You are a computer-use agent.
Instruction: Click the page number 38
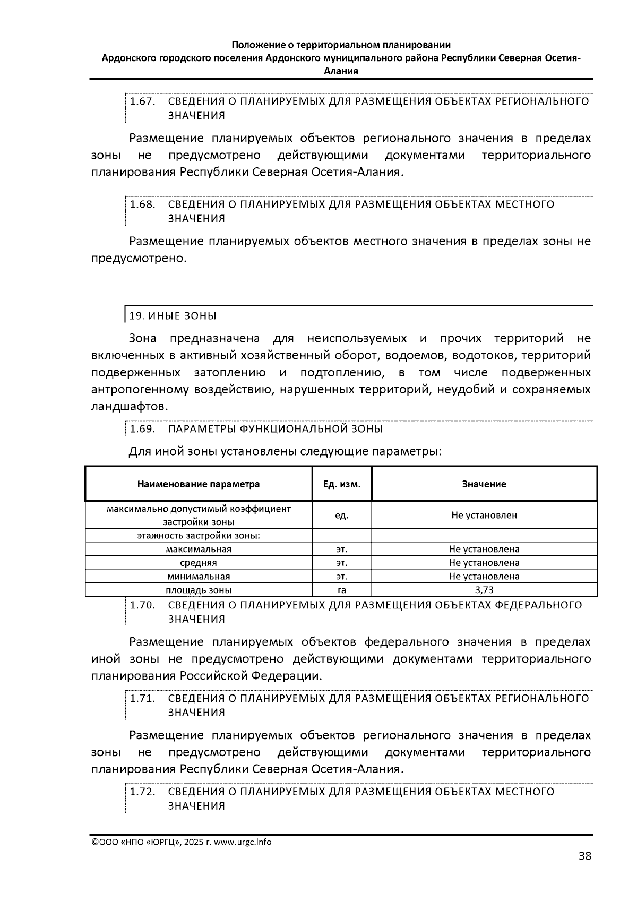click(x=584, y=856)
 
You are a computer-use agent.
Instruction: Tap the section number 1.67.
click(x=142, y=101)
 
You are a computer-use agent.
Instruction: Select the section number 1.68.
click(x=142, y=204)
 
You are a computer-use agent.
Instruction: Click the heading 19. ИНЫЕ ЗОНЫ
click(x=173, y=316)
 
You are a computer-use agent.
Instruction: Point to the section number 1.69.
click(x=142, y=429)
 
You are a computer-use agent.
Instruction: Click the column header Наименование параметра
click(x=199, y=484)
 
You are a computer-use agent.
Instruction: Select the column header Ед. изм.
click(x=342, y=484)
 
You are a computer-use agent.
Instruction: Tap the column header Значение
click(x=484, y=484)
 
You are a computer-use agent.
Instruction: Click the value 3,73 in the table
click(x=484, y=590)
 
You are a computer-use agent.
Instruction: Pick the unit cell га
click(x=342, y=590)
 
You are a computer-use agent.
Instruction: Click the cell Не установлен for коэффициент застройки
click(x=484, y=515)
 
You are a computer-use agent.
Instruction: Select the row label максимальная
click(x=199, y=549)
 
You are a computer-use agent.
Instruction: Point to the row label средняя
click(x=199, y=563)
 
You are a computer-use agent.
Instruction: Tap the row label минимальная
click(x=199, y=576)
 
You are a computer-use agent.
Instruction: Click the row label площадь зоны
click(x=199, y=590)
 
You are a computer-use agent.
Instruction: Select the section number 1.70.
click(x=142, y=605)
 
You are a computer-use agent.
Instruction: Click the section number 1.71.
click(x=142, y=698)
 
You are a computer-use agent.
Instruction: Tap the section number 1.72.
click(x=142, y=792)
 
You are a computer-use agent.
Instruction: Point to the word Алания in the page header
click(x=341, y=71)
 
